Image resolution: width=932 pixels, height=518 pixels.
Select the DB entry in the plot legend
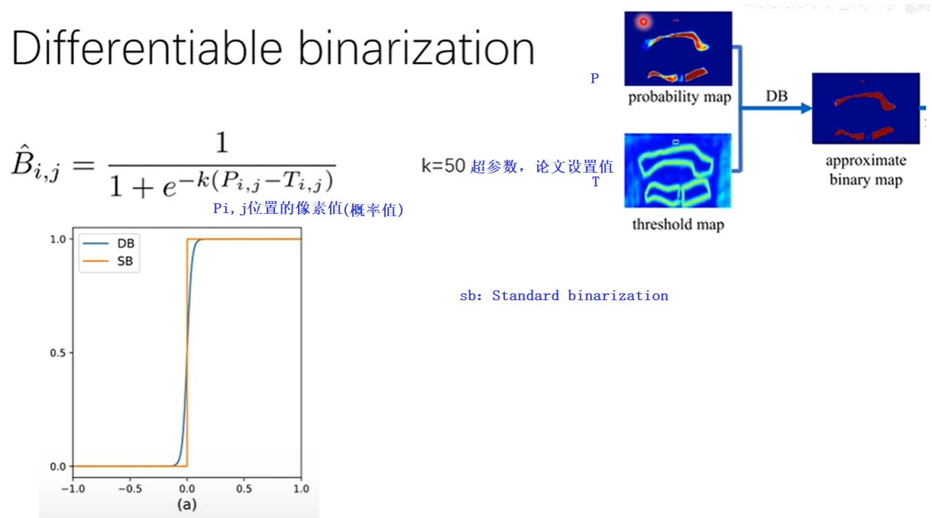[x=126, y=244]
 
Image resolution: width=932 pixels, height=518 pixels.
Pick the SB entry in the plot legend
[x=126, y=261]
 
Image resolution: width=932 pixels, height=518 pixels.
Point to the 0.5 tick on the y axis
[x=57, y=353]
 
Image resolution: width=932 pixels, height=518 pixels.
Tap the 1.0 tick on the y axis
[x=57, y=239]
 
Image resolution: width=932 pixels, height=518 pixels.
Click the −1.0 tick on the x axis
[x=73, y=488]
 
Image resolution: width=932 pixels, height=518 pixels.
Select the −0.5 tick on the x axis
[x=130, y=488]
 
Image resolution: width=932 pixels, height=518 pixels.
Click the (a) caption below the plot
[x=186, y=505]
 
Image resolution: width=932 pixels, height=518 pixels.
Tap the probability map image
[x=678, y=48]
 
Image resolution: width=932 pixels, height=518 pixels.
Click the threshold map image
[x=678, y=170]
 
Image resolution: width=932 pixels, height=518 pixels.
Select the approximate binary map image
[x=865, y=108]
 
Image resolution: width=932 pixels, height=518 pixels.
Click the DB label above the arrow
[x=777, y=96]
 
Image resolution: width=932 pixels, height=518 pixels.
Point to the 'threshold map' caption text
[x=678, y=225]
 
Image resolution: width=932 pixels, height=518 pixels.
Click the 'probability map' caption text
[x=679, y=97]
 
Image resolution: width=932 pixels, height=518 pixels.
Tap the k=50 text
[x=443, y=166]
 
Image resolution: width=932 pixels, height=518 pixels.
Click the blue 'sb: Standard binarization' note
[x=564, y=296]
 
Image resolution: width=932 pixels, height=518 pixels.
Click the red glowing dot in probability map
[x=643, y=22]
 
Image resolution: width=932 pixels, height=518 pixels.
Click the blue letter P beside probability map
[x=595, y=79]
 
